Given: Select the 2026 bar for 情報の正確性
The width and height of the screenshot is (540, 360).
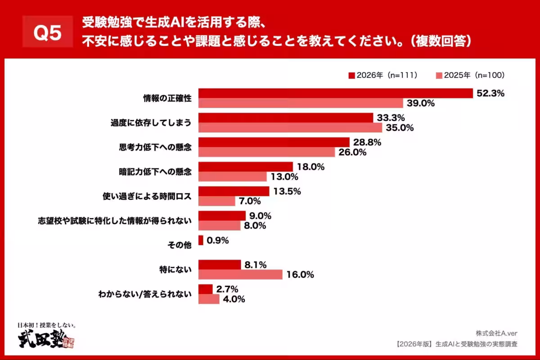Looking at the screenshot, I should [x=336, y=93].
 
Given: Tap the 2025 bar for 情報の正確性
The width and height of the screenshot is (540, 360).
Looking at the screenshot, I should [x=301, y=103].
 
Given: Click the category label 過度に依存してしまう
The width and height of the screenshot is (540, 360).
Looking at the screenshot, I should [x=151, y=123].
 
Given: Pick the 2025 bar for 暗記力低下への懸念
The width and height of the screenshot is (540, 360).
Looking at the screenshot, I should [x=233, y=176].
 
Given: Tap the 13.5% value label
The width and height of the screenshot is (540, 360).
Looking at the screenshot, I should [x=287, y=191].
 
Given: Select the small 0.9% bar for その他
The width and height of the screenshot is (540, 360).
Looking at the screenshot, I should [x=201, y=240].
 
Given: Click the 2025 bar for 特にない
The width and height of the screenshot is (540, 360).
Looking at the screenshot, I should [x=240, y=274].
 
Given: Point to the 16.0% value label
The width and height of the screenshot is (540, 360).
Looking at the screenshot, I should [x=300, y=274].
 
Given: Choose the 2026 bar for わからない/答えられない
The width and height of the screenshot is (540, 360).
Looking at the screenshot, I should [x=206, y=289].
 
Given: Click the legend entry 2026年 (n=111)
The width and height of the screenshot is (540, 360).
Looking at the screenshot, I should [x=382, y=76].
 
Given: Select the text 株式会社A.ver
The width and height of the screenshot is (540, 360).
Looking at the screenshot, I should [x=496, y=333].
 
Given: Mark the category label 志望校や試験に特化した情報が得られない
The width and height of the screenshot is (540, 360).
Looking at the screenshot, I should [x=115, y=220].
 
